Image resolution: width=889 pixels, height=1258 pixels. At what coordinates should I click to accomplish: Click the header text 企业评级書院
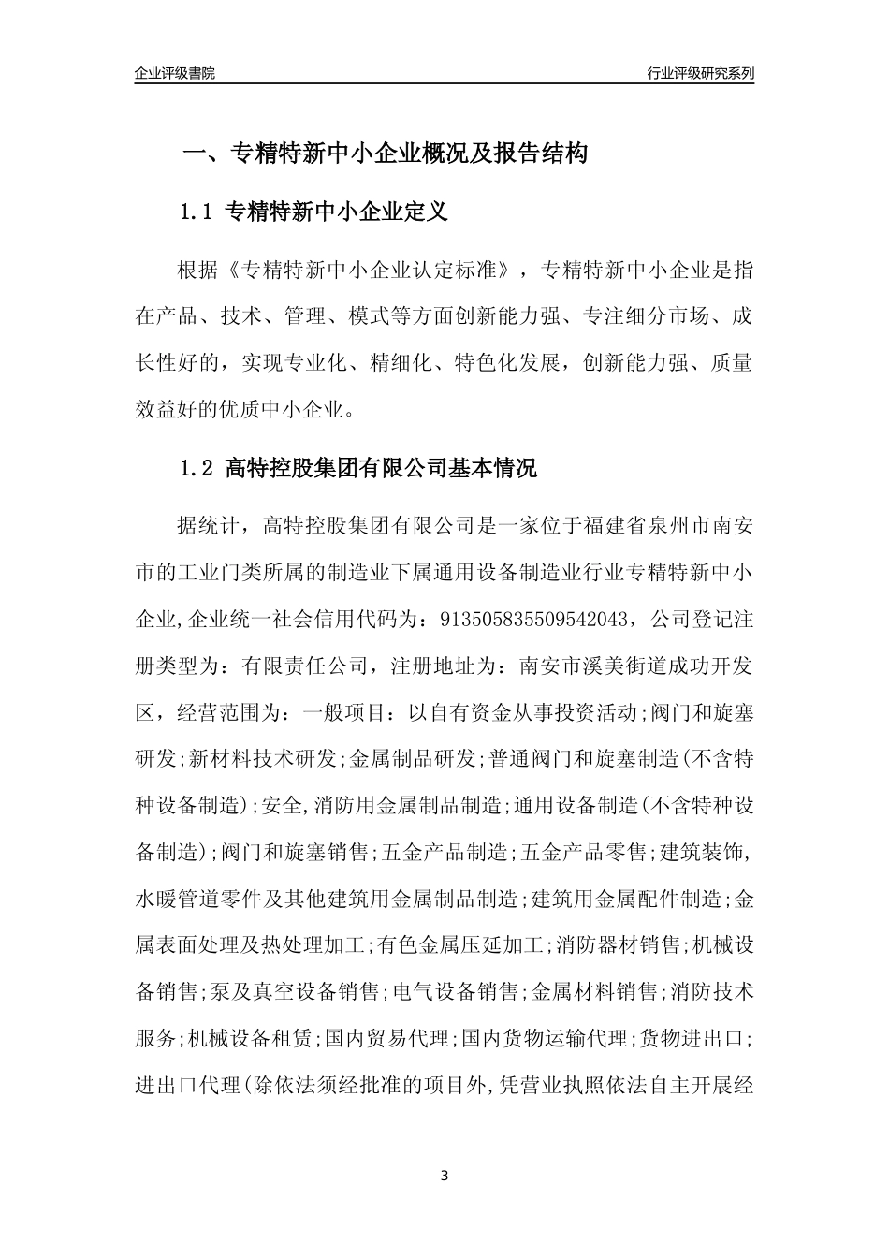click(175, 73)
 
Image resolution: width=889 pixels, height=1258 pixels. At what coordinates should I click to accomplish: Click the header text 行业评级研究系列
click(700, 73)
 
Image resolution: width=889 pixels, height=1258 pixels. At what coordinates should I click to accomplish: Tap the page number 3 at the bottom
click(444, 1175)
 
